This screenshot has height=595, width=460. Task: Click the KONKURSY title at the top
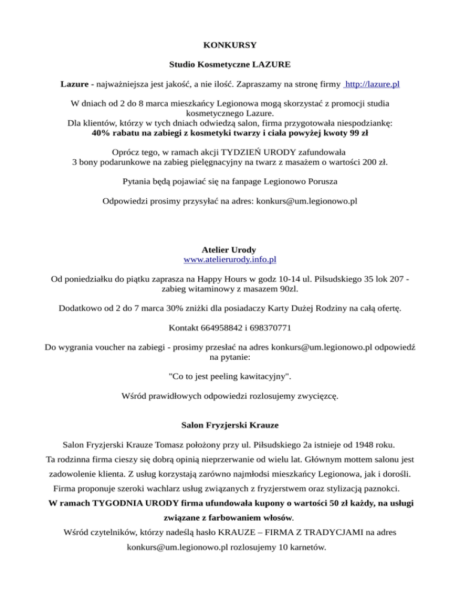(x=230, y=45)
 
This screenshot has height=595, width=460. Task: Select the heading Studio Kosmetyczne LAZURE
(x=229, y=63)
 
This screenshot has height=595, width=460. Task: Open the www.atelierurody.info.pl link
(x=229, y=260)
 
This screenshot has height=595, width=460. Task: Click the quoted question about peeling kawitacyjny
(x=230, y=377)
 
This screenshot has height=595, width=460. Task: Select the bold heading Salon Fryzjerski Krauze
(x=229, y=426)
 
